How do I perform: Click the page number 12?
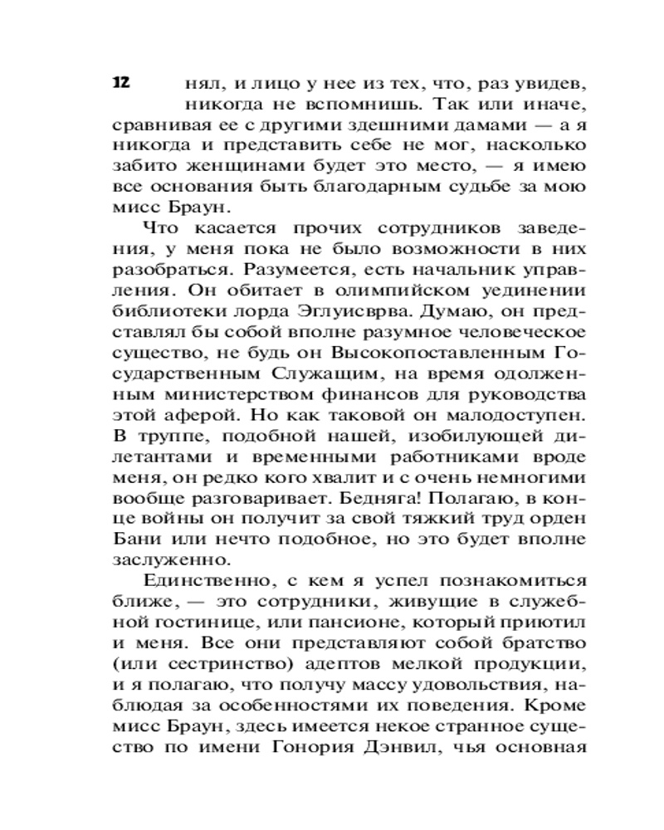pos(120,82)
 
